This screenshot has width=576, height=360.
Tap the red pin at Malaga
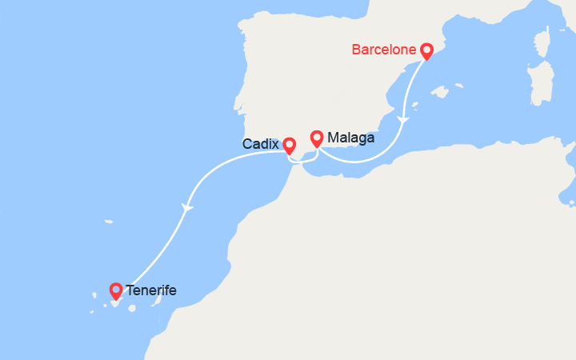pos(317,138)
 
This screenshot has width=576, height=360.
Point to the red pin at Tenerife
pos(116,290)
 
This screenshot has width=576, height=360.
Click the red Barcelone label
pos(384,50)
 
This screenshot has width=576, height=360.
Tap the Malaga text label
pos(350,138)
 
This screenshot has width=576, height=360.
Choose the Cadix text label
pos(261,145)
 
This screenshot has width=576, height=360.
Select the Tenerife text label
pos(151,290)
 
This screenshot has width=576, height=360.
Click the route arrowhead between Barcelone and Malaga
pos(404,121)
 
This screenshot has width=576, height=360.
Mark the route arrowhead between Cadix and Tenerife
pos(187,208)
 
